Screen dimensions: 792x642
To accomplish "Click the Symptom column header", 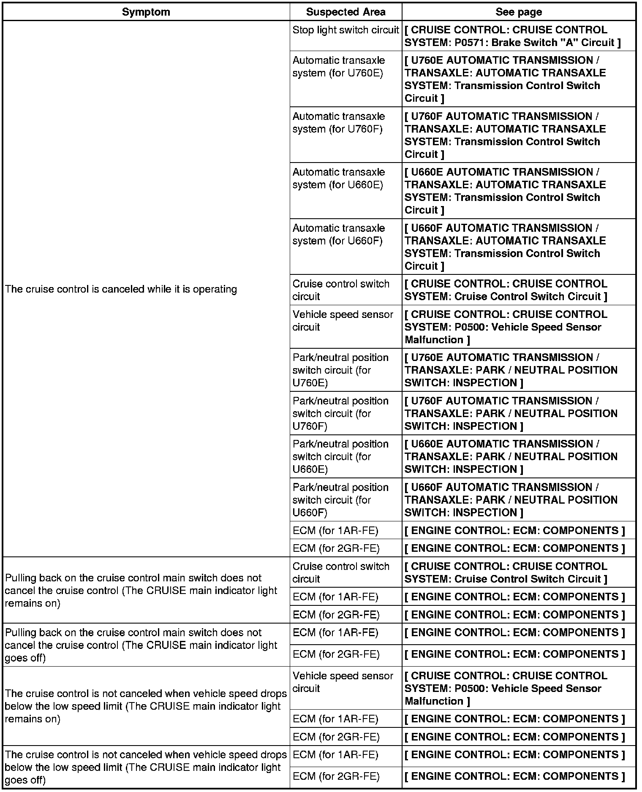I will [x=146, y=12].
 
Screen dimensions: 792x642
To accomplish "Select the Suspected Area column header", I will [x=345, y=12].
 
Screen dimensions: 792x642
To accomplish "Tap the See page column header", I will [x=518, y=12].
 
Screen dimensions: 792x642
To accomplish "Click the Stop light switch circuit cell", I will [x=345, y=30].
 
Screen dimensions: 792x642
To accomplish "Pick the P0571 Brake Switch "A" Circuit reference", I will [x=512, y=36].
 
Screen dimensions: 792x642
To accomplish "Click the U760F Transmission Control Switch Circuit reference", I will [x=505, y=135].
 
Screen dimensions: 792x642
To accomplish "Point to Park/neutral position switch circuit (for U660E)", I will [x=340, y=456].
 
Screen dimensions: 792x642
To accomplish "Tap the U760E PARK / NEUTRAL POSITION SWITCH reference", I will [x=511, y=370].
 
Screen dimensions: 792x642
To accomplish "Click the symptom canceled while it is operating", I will [x=121, y=289].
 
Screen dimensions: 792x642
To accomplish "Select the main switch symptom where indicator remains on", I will [x=141, y=590].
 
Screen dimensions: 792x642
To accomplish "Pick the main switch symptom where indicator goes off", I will [x=141, y=645].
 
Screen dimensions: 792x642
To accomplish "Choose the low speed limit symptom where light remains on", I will [x=145, y=706].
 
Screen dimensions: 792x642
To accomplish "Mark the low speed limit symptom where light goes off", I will [x=145, y=767].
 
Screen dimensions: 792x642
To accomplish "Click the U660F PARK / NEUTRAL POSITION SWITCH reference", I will [x=511, y=499].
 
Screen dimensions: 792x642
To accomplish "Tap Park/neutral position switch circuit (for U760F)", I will [x=340, y=413].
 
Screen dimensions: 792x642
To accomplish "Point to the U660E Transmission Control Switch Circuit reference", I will [x=505, y=191].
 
